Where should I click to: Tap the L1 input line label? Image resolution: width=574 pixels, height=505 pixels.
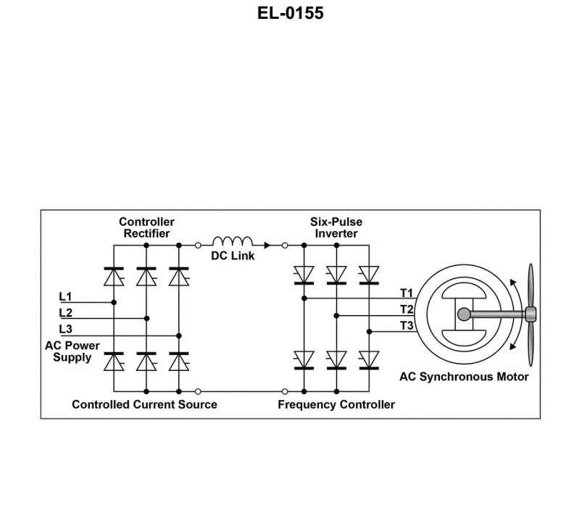point(66,296)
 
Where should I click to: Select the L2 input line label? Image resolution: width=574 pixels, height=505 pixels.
point(66,312)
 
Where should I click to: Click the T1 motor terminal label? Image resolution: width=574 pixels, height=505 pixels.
point(407,293)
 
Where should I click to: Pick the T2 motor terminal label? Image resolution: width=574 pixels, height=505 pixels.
point(407,309)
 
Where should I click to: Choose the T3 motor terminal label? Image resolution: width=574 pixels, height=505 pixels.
point(407,325)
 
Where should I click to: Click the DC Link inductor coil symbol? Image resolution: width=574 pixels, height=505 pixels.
point(232,242)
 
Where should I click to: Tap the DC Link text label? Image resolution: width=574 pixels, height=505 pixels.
point(233,256)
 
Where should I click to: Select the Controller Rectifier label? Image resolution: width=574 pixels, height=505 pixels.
point(146,228)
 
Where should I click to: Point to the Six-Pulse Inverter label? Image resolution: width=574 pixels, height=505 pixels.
point(336,228)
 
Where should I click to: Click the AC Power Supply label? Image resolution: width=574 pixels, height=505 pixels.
point(72,351)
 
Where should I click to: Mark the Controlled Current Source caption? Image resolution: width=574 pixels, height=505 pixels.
point(144,404)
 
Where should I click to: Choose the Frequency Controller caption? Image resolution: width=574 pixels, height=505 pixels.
point(336,404)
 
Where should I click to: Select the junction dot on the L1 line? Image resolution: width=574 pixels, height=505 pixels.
point(114,302)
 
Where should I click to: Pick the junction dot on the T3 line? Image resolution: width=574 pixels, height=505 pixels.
point(369,331)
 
